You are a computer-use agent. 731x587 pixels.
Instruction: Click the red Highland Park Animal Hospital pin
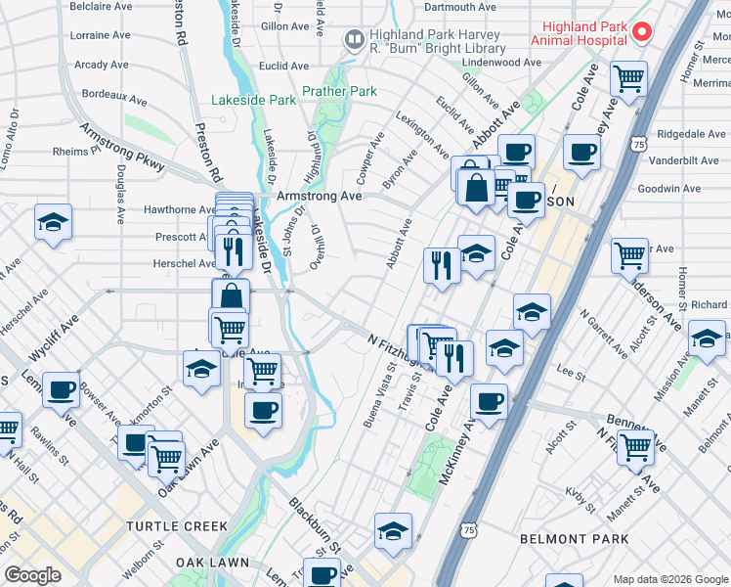point(641,32)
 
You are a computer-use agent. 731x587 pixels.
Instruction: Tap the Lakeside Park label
point(253,100)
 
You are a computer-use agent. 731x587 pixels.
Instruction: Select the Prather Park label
point(339,92)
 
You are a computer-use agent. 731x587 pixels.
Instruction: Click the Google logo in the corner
point(33,575)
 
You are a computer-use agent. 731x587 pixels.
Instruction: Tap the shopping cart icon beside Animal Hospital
point(628,77)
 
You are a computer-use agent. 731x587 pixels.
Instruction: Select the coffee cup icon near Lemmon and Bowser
point(62,389)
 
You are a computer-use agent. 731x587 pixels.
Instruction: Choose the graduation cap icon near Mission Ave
point(706,339)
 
